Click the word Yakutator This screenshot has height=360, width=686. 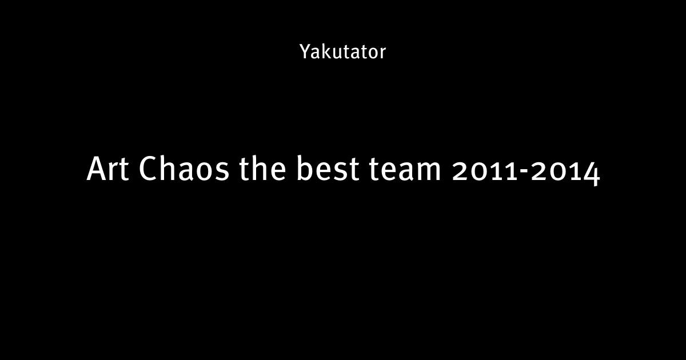(x=342, y=51)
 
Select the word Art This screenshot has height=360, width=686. (x=107, y=169)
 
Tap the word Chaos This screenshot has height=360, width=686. (x=184, y=168)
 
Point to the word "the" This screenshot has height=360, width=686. (x=262, y=168)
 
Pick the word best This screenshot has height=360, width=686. (x=328, y=168)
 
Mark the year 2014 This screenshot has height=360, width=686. (x=565, y=173)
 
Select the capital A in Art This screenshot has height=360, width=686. (x=97, y=169)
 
